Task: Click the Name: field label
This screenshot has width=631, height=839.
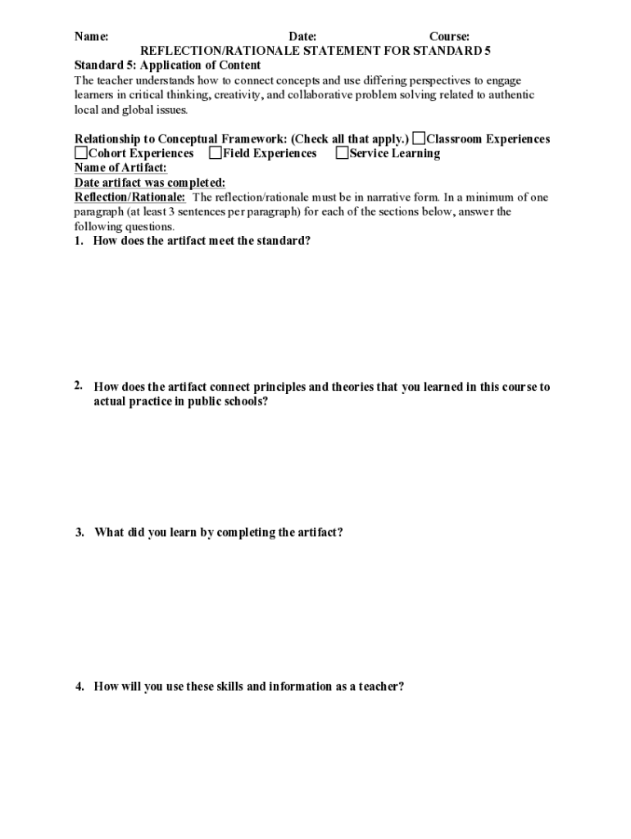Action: tap(92, 37)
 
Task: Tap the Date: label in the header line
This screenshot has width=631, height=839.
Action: tap(302, 37)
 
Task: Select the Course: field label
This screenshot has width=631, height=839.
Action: tap(449, 37)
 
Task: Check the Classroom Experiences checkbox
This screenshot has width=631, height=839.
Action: tap(419, 138)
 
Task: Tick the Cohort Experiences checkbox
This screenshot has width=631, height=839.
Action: tap(81, 153)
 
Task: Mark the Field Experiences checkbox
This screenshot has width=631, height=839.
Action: tap(216, 153)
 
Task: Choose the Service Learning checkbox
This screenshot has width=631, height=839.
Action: tap(342, 153)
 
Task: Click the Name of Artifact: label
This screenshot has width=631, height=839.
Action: tap(120, 168)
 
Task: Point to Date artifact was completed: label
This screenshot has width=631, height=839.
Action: tap(150, 183)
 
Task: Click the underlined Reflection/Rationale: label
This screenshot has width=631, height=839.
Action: tap(130, 197)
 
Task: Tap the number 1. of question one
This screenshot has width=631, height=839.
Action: tap(79, 241)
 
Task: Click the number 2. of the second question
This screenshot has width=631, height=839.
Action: tap(79, 386)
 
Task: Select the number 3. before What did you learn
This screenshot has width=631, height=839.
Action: tap(79, 533)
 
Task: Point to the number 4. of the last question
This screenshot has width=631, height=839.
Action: tap(79, 687)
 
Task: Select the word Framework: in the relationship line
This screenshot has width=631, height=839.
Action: tap(247, 139)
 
